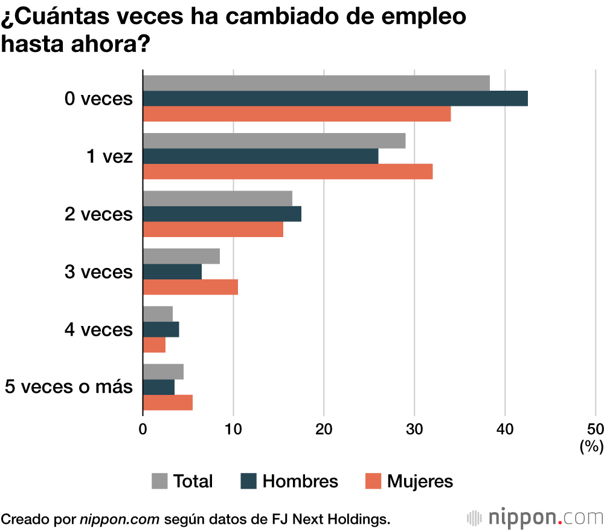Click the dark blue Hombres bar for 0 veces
(x=335, y=99)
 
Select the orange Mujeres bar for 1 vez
(x=288, y=172)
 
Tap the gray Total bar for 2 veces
(x=217, y=198)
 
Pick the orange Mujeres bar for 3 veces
(x=190, y=287)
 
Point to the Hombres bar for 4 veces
(x=161, y=330)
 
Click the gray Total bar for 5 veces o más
(x=163, y=372)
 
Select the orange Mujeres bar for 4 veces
(x=154, y=345)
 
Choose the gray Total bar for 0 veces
(x=316, y=83)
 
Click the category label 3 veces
(x=98, y=272)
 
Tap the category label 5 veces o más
(x=68, y=387)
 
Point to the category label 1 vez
(x=109, y=157)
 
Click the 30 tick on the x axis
(x=414, y=429)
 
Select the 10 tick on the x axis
(x=233, y=429)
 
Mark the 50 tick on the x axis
(x=595, y=429)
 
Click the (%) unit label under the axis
(x=591, y=447)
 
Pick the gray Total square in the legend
(x=159, y=481)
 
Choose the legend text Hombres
(x=300, y=481)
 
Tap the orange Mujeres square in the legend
(x=374, y=481)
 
